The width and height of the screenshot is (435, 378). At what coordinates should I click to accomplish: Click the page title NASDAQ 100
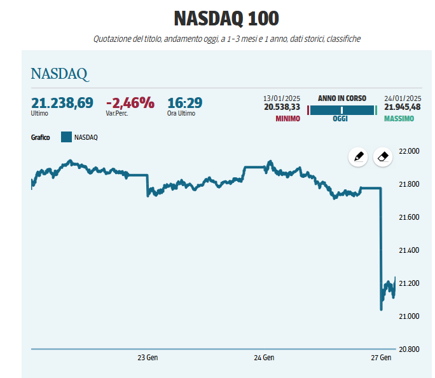coord(217,18)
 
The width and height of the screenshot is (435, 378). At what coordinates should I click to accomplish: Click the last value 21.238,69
coord(62,103)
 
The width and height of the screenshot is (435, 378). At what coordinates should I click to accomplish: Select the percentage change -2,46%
coord(130,103)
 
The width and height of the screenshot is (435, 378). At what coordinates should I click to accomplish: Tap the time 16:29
coord(184,103)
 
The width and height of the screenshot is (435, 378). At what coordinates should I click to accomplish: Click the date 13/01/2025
coord(282,98)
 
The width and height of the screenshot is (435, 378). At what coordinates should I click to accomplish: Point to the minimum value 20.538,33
coord(282,107)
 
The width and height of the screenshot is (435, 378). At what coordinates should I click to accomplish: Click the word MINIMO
coord(287,119)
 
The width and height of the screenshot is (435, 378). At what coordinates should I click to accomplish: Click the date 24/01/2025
coord(403,98)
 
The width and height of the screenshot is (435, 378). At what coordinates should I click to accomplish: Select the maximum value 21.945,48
coord(403,107)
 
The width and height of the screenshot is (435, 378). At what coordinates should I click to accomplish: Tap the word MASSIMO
coord(399,119)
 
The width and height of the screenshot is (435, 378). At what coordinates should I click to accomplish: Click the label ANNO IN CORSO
coord(342,98)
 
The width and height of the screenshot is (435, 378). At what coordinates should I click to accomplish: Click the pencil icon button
coord(358,157)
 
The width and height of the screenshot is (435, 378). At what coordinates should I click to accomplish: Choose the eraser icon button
coord(382,157)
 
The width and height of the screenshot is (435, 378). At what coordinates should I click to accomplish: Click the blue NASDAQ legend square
coord(66,137)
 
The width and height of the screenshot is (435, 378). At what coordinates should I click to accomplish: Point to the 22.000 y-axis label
coord(408,151)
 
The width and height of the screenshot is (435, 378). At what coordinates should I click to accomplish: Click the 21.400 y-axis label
coord(408,250)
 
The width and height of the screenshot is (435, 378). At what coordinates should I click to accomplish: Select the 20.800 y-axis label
coord(408,349)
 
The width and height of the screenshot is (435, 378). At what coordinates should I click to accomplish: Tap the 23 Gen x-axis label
coord(148,358)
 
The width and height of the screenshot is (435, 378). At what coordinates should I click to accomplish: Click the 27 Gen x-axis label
coord(381,358)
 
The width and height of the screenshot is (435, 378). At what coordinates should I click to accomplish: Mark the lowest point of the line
coord(381,309)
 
